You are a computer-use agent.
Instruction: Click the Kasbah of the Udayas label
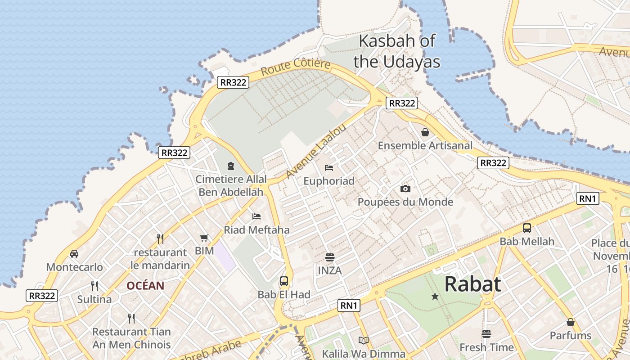[x=396, y=51]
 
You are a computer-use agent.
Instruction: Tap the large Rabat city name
[x=472, y=284]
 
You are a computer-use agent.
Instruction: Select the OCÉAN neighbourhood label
[x=145, y=286]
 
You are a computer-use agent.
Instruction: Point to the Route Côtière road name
[x=296, y=67]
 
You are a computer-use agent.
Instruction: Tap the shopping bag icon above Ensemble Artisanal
[x=425, y=132]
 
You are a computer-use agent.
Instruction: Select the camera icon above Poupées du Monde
[x=405, y=189]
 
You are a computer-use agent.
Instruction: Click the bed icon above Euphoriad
[x=329, y=168]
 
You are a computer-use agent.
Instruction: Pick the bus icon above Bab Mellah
[x=527, y=228]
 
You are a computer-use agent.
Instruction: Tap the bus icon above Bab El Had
[x=284, y=281]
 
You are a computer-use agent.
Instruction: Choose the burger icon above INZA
[x=330, y=257]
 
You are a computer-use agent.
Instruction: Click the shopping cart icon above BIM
[x=204, y=238]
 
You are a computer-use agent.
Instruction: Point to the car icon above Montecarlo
[x=74, y=254]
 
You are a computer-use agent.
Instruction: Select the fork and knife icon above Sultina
[x=94, y=286]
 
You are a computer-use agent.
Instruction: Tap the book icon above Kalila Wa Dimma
[x=364, y=340]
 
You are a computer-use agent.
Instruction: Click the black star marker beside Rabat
[x=435, y=297]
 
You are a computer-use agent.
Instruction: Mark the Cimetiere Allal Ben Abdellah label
[x=231, y=185]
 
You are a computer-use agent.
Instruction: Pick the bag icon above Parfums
[x=571, y=322]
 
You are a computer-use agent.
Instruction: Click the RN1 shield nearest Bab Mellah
[x=588, y=198]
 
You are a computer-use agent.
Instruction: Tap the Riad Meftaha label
[x=256, y=230]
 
